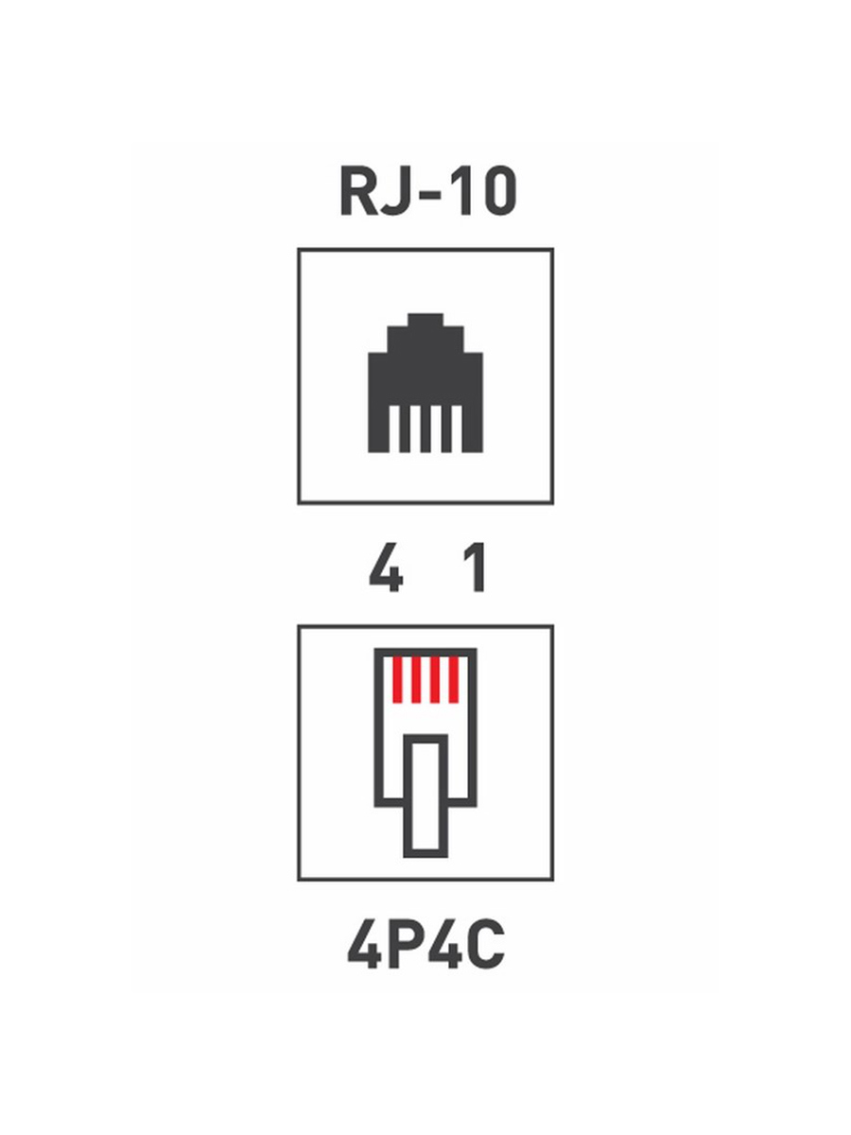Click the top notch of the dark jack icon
coord(425,321)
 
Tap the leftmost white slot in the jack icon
coord(394,428)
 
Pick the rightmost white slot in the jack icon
coord(457,428)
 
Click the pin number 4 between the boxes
coord(386,567)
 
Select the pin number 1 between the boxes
coord(476,567)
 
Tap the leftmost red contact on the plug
coord(397,680)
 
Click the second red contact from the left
coord(416,680)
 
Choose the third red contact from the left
coord(435,680)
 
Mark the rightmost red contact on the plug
coord(454,680)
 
